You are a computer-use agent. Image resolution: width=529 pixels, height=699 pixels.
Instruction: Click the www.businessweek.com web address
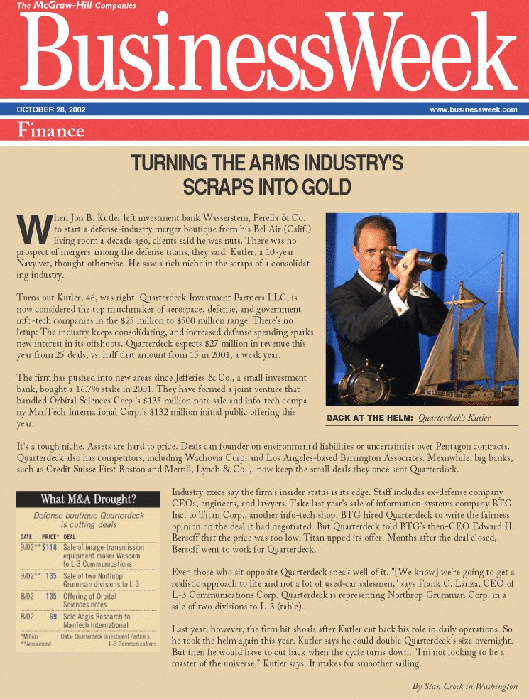tap(473, 110)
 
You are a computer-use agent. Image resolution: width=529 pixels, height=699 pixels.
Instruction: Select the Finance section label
tap(50, 130)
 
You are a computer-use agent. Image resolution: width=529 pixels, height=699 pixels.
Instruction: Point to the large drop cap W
tap(31, 227)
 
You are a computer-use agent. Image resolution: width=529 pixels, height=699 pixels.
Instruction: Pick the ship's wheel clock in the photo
tap(362, 384)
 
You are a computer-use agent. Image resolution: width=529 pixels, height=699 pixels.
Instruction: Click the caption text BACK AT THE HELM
tap(369, 418)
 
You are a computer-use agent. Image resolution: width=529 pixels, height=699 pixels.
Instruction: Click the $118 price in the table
tap(48, 548)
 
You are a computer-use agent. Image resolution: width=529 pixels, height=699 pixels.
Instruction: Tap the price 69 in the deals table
tap(53, 617)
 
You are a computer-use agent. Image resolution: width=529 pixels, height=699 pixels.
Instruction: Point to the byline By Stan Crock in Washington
tap(464, 686)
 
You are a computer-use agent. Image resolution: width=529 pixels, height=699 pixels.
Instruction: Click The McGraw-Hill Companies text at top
tap(56, 6)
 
